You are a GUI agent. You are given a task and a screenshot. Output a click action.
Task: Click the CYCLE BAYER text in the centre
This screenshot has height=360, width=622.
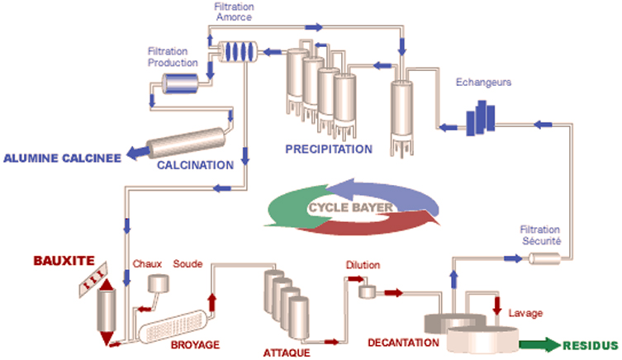coord(351,207)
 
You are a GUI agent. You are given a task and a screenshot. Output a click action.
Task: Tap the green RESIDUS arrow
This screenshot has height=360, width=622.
coord(540,344)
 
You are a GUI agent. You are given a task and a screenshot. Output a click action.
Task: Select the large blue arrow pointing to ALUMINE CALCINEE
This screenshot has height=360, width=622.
coord(139,153)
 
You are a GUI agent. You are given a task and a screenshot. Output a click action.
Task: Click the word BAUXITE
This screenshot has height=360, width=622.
coord(64,261)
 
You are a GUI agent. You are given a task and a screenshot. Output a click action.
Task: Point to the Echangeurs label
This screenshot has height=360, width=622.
coord(483,82)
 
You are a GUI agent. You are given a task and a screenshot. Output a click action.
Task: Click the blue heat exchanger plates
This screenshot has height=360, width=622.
coord(481,118)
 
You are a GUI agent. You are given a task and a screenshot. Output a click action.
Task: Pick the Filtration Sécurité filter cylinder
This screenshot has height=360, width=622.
coord(544,259)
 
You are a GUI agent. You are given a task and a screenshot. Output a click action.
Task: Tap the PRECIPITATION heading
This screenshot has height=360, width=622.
coord(329,149)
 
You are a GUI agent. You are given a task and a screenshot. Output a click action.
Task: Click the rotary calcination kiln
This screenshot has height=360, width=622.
coord(186,143)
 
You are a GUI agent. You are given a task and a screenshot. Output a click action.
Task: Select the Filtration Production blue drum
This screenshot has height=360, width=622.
coord(180,83)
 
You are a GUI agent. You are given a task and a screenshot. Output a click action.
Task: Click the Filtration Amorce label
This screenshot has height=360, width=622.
coord(234,12)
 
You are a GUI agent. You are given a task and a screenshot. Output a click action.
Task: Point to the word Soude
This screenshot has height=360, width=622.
coord(188,264)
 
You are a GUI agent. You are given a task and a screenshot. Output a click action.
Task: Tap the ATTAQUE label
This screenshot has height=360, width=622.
coord(287,353)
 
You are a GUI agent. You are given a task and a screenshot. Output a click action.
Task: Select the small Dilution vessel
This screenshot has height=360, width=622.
coord(367,291)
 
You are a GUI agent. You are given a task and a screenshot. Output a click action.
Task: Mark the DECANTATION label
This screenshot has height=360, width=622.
coord(403,343)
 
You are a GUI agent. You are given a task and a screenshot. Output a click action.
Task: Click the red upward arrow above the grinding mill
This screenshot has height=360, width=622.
coord(212,302)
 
